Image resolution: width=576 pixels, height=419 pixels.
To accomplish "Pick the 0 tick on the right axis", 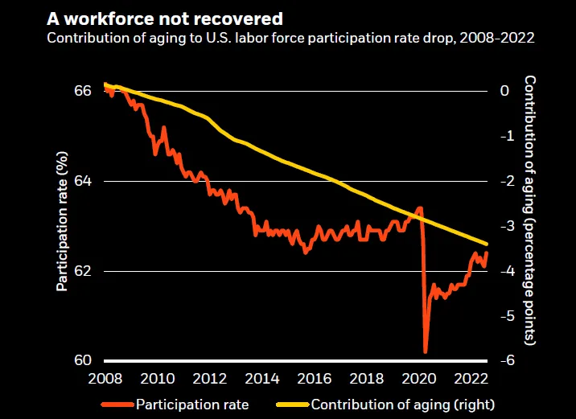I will point(505,91).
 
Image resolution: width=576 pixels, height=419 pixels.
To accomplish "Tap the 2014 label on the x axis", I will point(262,378).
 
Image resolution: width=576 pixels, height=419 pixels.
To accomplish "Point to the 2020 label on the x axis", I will point(420,378).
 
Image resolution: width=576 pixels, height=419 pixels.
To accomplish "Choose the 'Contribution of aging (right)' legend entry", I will point(402,404).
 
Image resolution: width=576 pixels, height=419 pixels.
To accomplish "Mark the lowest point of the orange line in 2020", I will point(425,351).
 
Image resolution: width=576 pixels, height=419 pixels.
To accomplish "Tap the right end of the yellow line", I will point(487,244).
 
